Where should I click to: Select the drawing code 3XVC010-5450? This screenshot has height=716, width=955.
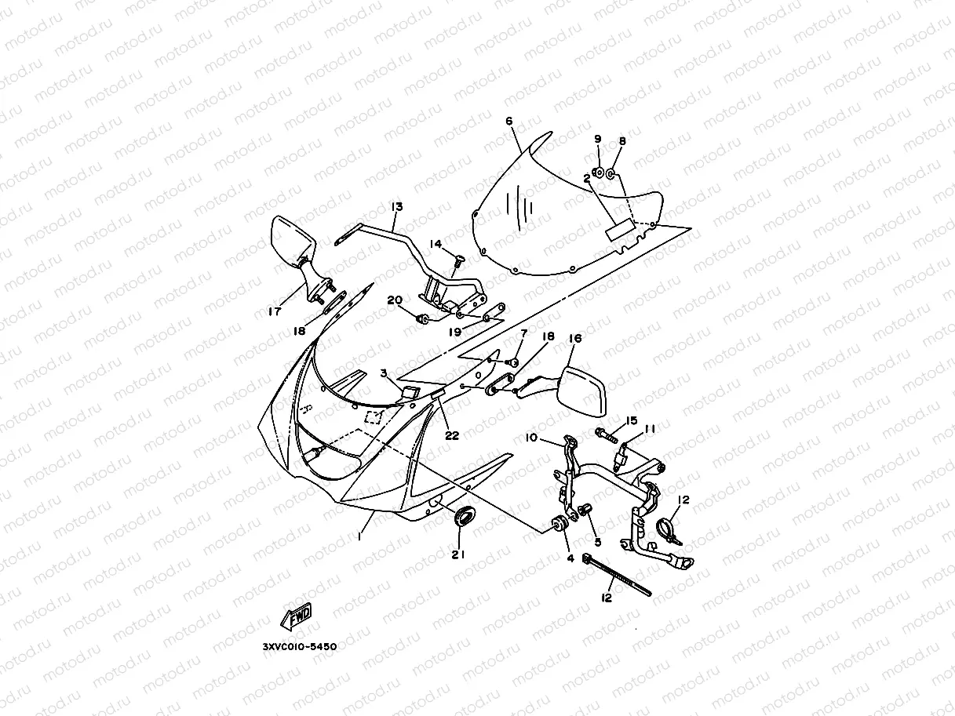300,647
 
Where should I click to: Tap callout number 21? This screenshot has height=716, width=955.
458,554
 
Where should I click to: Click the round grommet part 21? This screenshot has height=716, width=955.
465,517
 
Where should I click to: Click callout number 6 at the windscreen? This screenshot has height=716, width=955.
508,122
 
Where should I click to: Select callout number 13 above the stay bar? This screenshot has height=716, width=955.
396,206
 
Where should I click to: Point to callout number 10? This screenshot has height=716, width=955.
531,437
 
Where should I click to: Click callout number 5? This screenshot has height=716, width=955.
597,541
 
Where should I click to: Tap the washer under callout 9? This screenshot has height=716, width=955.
598,172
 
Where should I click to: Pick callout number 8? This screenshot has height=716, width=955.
622,141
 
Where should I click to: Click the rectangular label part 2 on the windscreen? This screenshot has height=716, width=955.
619,229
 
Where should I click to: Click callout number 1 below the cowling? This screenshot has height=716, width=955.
359,536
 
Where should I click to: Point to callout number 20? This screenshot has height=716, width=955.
394,300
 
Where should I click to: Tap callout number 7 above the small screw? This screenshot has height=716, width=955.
524,334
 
